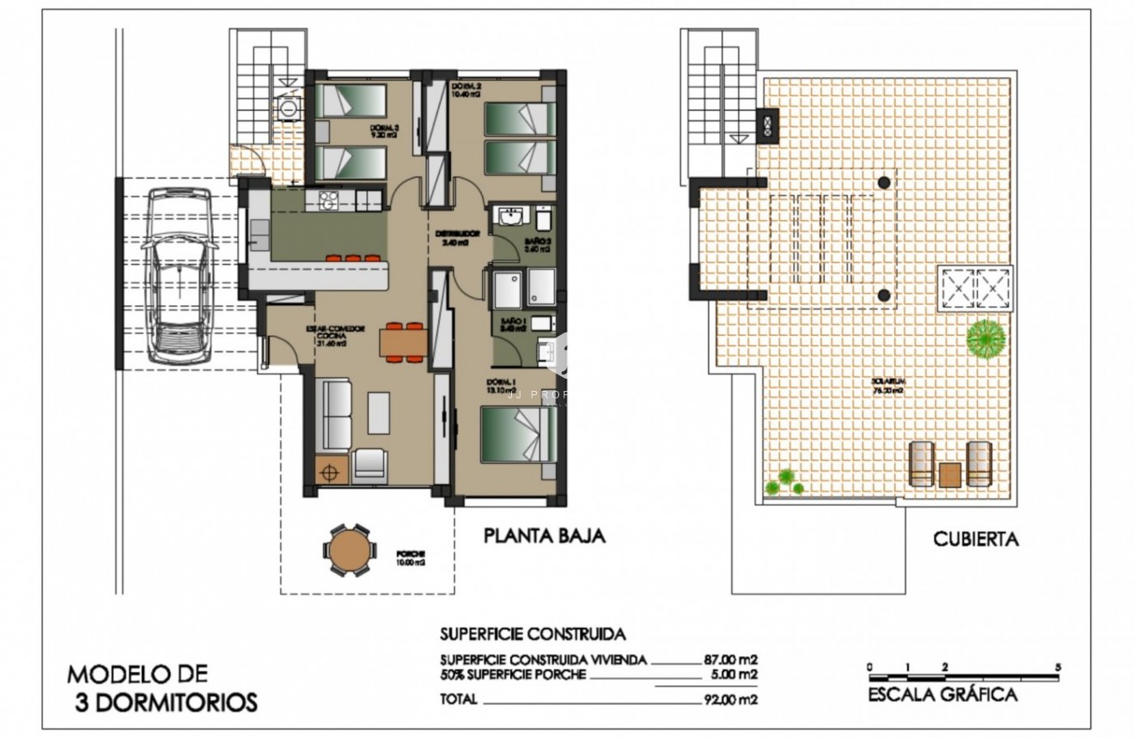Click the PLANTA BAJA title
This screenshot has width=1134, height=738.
545,536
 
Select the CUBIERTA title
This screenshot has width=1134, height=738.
976,540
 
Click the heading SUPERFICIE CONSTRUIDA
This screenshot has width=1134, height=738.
533,636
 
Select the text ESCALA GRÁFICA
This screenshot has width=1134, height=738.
942,695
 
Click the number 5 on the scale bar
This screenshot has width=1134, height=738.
1058,667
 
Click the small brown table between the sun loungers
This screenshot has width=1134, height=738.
949,474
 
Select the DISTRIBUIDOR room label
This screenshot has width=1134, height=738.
455,234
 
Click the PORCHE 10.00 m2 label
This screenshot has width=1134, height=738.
411,559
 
